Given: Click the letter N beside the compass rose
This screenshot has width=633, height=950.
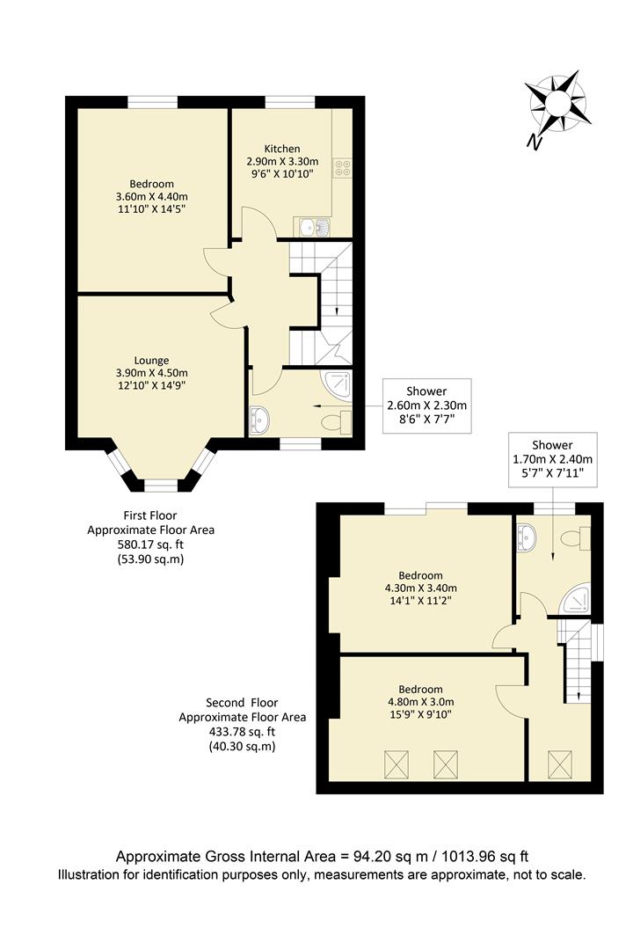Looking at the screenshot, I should (x=533, y=142).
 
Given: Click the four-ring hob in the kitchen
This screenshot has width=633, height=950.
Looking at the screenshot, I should (x=342, y=170).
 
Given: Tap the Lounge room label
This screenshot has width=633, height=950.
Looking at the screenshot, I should (x=151, y=360).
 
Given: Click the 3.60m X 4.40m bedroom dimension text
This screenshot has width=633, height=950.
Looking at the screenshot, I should (x=152, y=196).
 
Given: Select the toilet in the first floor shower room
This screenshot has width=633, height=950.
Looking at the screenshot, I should (x=336, y=422).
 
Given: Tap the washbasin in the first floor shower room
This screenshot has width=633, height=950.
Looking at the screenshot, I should (x=260, y=420).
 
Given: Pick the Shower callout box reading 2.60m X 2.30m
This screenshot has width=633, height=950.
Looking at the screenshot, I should (x=426, y=406).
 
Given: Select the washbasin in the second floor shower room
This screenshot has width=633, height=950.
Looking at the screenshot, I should (x=526, y=535).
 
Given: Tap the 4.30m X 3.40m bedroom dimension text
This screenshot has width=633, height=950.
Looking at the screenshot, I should (x=420, y=588).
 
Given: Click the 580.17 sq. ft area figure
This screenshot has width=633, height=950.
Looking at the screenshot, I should (x=150, y=544).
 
